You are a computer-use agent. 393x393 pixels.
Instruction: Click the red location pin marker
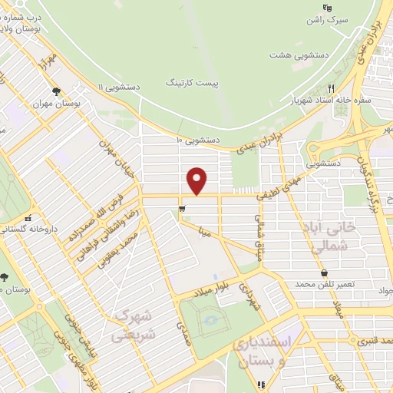point(197,181)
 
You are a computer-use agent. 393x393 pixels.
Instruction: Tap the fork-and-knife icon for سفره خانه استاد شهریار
point(331,88)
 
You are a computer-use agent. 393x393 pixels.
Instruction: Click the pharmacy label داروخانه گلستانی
point(28,229)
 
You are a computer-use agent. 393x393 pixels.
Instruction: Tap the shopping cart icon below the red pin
point(181,207)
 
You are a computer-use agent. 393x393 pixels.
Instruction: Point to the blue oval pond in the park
point(211,319)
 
